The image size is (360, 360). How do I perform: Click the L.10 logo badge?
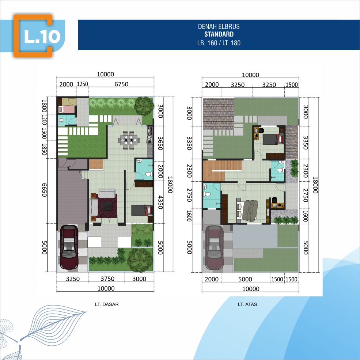point(33,36)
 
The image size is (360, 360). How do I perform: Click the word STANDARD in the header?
point(219,34)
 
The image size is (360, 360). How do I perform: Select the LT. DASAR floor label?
point(107,304)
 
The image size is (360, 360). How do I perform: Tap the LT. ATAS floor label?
point(247,304)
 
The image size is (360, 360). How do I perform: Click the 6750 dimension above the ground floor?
point(121,84)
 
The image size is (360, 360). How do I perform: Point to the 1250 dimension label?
point(83,84)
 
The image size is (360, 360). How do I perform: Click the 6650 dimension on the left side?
point(44,190)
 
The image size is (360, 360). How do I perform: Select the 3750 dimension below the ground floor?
point(107,279)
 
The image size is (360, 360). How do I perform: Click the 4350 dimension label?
point(160,202)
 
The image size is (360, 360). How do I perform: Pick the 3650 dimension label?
point(160,143)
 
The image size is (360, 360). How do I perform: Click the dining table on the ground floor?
point(129,140)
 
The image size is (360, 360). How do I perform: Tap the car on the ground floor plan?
point(69,247)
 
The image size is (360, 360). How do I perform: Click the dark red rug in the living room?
point(107,206)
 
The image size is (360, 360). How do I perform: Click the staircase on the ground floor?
point(96,164)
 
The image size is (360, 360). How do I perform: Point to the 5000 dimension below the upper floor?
point(245,279)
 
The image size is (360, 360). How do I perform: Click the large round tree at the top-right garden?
point(144,106)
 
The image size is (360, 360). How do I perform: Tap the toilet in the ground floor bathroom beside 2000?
point(149,174)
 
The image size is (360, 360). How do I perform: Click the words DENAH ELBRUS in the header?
point(219,26)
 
